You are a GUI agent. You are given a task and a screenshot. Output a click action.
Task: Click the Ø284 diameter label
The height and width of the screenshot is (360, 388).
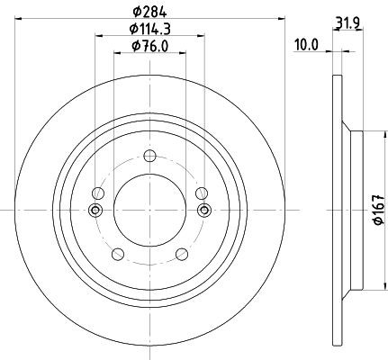pos(149,13)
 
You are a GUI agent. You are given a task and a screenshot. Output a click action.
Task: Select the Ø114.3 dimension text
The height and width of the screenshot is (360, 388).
pos(150,30)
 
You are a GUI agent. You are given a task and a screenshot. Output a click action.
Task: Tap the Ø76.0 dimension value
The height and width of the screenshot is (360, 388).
pos(149,47)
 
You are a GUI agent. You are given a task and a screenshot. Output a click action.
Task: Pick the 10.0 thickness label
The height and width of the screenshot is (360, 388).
pos(306,45)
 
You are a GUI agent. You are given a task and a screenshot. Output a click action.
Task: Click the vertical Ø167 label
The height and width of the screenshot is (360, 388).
pos(378,210)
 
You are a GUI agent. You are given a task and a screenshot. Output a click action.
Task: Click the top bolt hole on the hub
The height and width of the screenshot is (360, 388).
pos(149,156)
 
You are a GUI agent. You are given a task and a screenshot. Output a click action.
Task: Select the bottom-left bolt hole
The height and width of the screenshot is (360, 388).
pos(118,255)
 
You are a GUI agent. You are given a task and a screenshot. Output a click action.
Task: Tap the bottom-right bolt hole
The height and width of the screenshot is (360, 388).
pos(182,255)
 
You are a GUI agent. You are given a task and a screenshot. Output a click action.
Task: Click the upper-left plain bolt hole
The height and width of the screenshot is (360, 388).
pos(98,193)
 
